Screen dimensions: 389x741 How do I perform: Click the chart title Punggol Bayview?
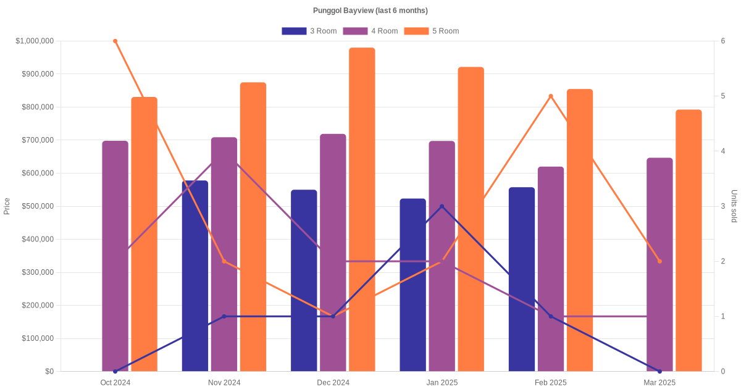click(x=370, y=10)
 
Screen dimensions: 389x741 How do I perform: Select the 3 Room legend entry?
click(x=309, y=31)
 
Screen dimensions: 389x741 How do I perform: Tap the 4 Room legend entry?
click(x=370, y=31)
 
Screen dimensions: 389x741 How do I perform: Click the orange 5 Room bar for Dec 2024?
click(x=362, y=210)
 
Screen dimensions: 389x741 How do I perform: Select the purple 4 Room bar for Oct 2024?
click(x=115, y=256)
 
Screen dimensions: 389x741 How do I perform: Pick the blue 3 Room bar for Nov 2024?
click(x=195, y=276)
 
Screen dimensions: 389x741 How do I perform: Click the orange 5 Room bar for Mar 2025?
click(x=689, y=241)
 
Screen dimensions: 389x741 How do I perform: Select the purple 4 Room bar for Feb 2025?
click(x=551, y=269)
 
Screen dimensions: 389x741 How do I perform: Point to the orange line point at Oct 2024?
click(x=115, y=41)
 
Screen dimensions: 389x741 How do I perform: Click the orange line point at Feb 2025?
click(x=551, y=96)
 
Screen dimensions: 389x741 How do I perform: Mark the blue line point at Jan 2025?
click(x=442, y=206)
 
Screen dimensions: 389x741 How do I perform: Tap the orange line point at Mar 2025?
click(x=659, y=261)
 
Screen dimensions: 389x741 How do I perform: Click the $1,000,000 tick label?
click(x=35, y=41)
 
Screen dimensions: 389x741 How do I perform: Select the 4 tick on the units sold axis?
click(x=723, y=151)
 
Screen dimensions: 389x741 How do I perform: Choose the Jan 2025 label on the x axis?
click(x=442, y=383)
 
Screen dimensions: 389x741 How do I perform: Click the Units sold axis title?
click(x=734, y=206)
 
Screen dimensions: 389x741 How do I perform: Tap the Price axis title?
click(x=7, y=206)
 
